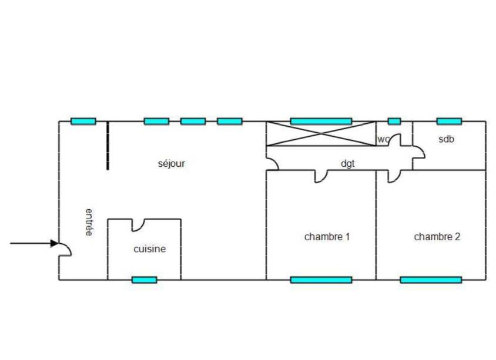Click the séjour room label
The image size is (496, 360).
(x=172, y=163)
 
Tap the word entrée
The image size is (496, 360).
(x=89, y=222)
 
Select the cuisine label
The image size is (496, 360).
(x=149, y=249)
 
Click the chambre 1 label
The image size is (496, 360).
(x=327, y=237)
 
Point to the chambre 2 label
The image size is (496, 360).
(x=437, y=237)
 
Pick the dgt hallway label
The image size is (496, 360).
(x=348, y=163)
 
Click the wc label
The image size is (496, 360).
(x=383, y=140)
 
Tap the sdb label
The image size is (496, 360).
(x=448, y=139)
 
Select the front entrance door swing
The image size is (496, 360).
(x=65, y=250)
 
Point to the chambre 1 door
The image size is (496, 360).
(x=321, y=176)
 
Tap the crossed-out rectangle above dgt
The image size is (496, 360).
(x=321, y=133)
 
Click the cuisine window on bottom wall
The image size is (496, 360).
(x=144, y=280)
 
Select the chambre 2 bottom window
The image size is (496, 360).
(x=431, y=280)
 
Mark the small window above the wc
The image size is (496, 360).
(x=394, y=121)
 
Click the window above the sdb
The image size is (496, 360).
(x=449, y=121)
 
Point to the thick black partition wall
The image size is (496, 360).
(x=108, y=146)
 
